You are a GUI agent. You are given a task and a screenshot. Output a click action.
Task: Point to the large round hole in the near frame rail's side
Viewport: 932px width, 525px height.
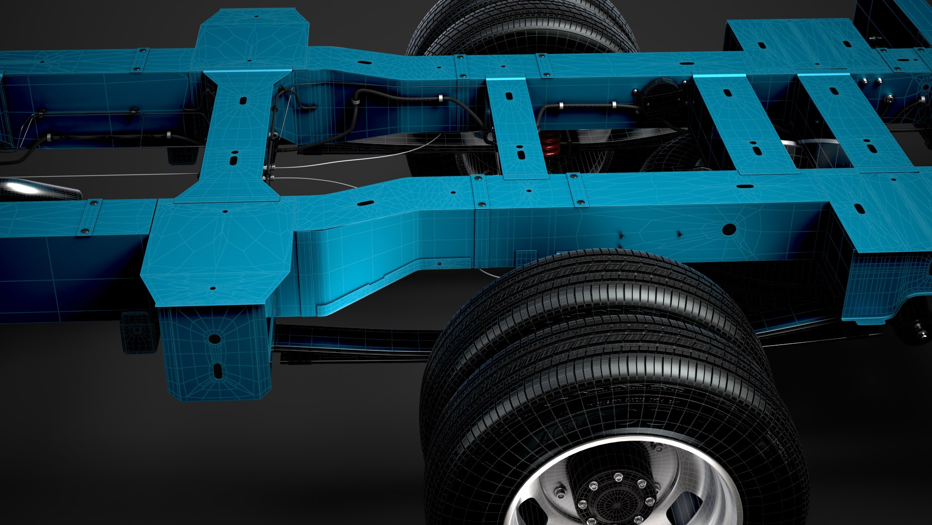[x=729, y=229]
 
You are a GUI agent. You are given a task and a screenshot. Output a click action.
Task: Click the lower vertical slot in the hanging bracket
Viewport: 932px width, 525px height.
[x=217, y=371]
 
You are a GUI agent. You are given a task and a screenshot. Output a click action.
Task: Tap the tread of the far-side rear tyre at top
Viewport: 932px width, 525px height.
[x=519, y=24]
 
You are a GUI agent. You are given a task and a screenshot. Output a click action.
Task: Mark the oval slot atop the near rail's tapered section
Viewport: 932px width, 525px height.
[x=365, y=203]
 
